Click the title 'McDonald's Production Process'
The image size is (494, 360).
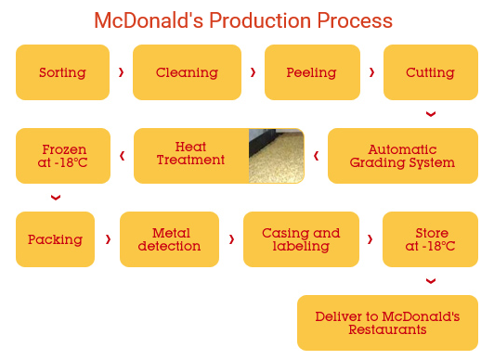pos(243,20)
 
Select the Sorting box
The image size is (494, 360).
pos(62,72)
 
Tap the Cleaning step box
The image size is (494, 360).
pos(187,72)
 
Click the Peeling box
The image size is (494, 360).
pos(311,72)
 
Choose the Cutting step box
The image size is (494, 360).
pos(430,72)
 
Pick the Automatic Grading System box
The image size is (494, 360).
pos(402,156)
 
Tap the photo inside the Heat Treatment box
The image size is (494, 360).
pos(276,156)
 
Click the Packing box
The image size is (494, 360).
pos(55,239)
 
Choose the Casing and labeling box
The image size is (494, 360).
pos(300,239)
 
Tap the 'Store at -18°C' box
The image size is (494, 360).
pos(430,239)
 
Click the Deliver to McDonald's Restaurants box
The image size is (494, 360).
pos(387,323)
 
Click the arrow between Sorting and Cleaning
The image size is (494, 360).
pos(121,72)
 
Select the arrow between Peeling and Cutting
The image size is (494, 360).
pos(371,72)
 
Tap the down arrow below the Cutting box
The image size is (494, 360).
pos(430,114)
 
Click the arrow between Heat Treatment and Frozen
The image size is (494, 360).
pos(122,156)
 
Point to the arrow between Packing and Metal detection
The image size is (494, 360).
pos(108,239)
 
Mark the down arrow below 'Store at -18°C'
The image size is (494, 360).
pos(430,281)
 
